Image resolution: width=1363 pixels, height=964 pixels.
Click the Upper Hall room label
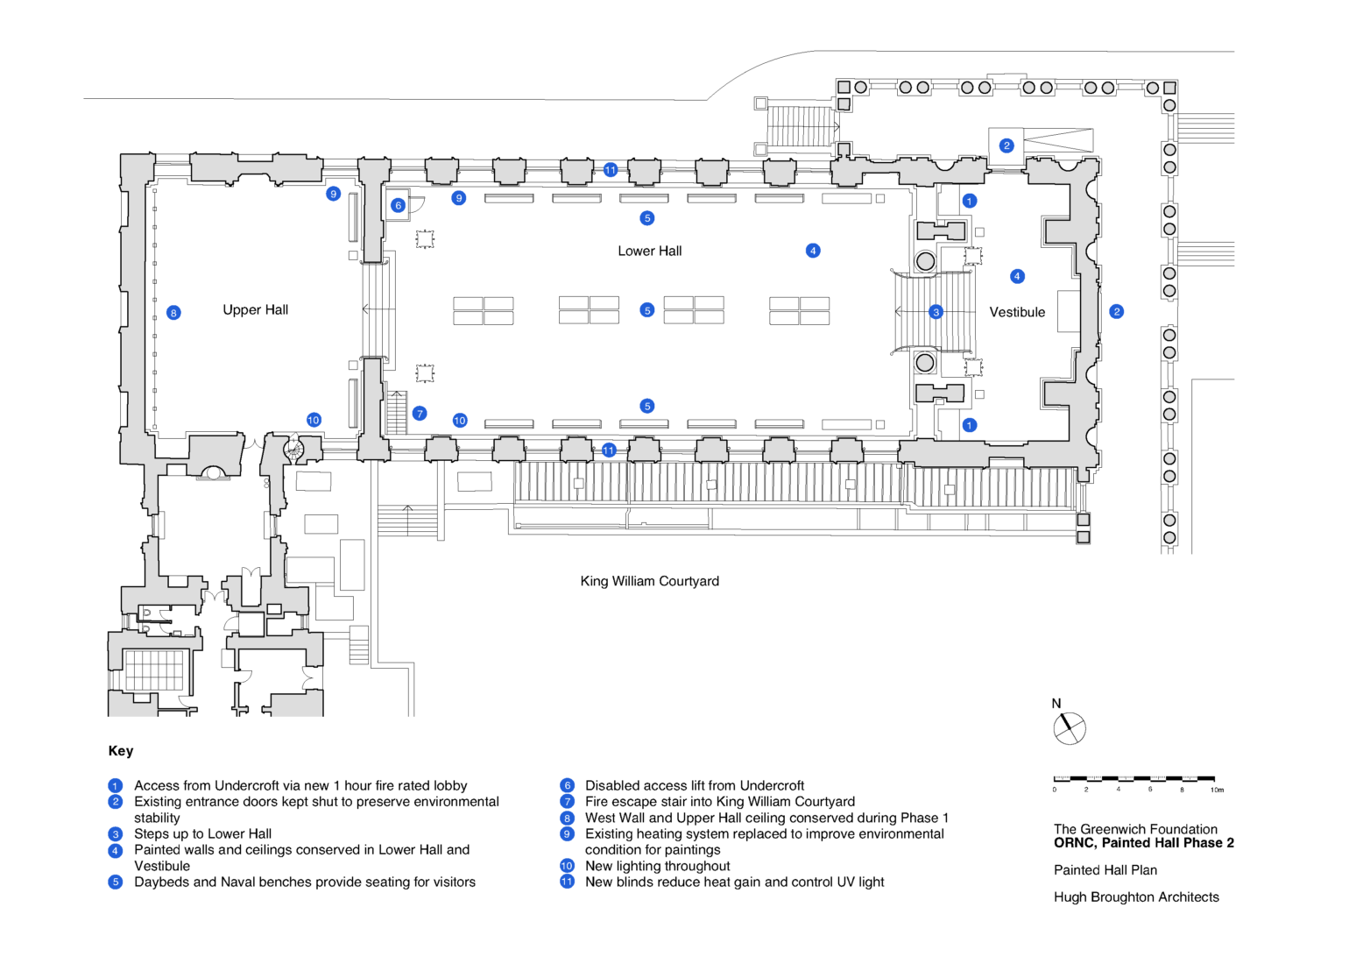pyautogui.click(x=255, y=309)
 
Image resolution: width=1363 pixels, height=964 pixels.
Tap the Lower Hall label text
pyautogui.click(x=649, y=251)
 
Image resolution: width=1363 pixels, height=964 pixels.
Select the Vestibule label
pyautogui.click(x=1017, y=312)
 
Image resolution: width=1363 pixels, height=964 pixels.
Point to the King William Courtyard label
pyautogui.click(x=649, y=581)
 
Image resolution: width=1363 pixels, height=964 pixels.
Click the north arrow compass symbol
pyautogui.click(x=1069, y=728)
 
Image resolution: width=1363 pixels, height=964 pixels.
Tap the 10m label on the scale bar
pyautogui.click(x=1217, y=790)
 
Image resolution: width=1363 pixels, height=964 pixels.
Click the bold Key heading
pyautogui.click(x=121, y=751)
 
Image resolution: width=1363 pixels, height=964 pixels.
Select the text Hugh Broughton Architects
pyautogui.click(x=1136, y=897)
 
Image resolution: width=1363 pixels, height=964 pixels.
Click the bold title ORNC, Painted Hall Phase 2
pyautogui.click(x=1143, y=843)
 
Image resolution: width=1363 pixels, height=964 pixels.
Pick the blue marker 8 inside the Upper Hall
pyautogui.click(x=173, y=313)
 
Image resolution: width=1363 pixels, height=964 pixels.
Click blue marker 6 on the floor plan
pyautogui.click(x=398, y=205)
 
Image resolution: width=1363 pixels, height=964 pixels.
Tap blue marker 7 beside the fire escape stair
pyautogui.click(x=420, y=414)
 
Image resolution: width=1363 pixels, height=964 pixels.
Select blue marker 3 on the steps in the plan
pyautogui.click(x=936, y=312)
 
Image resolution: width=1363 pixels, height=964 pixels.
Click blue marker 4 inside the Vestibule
pyautogui.click(x=1017, y=276)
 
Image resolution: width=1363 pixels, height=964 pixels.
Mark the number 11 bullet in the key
pyautogui.click(x=567, y=882)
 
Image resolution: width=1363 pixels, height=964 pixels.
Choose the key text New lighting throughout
pyautogui.click(x=657, y=866)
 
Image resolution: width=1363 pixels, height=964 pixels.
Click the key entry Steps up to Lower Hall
pyautogui.click(x=202, y=833)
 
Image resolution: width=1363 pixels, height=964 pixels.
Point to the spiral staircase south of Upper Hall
pyautogui.click(x=293, y=450)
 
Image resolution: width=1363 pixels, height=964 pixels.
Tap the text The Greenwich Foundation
pyautogui.click(x=1135, y=829)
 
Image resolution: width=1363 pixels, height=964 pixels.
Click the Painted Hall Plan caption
pyautogui.click(x=1105, y=870)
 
